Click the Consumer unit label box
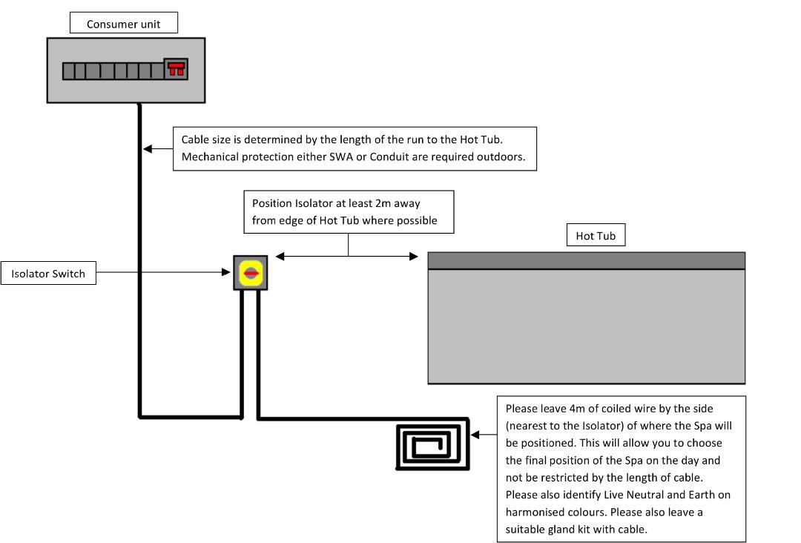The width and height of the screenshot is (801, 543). click(x=124, y=24)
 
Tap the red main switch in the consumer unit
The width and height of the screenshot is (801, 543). click(x=176, y=69)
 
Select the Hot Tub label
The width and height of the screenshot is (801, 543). click(x=596, y=237)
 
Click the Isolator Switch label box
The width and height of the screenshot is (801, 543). click(x=48, y=274)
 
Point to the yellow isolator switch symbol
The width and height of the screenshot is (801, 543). click(x=251, y=274)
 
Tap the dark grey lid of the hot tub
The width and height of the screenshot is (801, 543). click(x=586, y=260)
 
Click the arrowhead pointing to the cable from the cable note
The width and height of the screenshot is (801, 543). click(x=148, y=148)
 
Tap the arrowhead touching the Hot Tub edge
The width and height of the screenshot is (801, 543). click(x=414, y=257)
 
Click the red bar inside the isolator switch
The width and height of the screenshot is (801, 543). click(x=251, y=274)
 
